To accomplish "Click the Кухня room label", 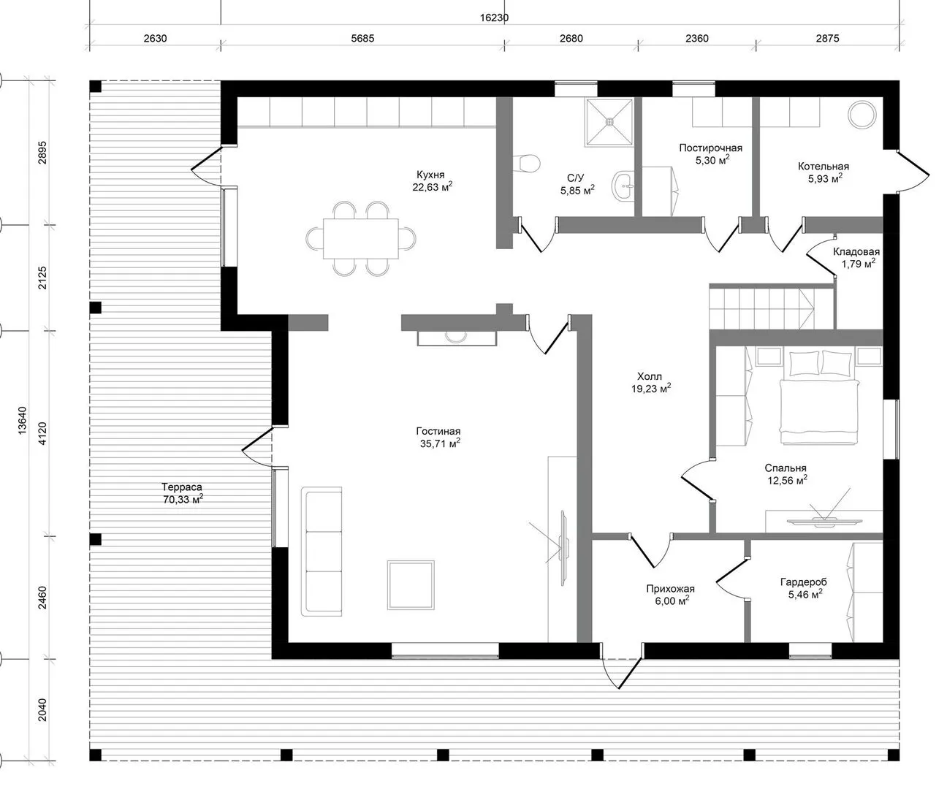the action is [x=430, y=175].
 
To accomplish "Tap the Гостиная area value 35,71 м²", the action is [x=439, y=443].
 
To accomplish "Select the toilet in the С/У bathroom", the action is [x=527, y=163].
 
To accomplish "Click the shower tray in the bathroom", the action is [x=609, y=123].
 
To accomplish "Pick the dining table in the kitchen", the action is [x=360, y=238].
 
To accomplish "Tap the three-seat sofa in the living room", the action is [x=322, y=551].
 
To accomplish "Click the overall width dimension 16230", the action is [x=495, y=18].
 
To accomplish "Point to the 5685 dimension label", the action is [x=362, y=39].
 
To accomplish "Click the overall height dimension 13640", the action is [x=22, y=420].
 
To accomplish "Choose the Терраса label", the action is [x=182, y=487].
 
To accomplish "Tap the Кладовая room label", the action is [x=856, y=251].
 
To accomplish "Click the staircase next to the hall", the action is [x=772, y=309].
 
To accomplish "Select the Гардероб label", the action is [x=804, y=582].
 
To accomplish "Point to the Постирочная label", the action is [x=711, y=148].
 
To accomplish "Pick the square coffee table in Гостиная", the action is [x=411, y=585].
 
